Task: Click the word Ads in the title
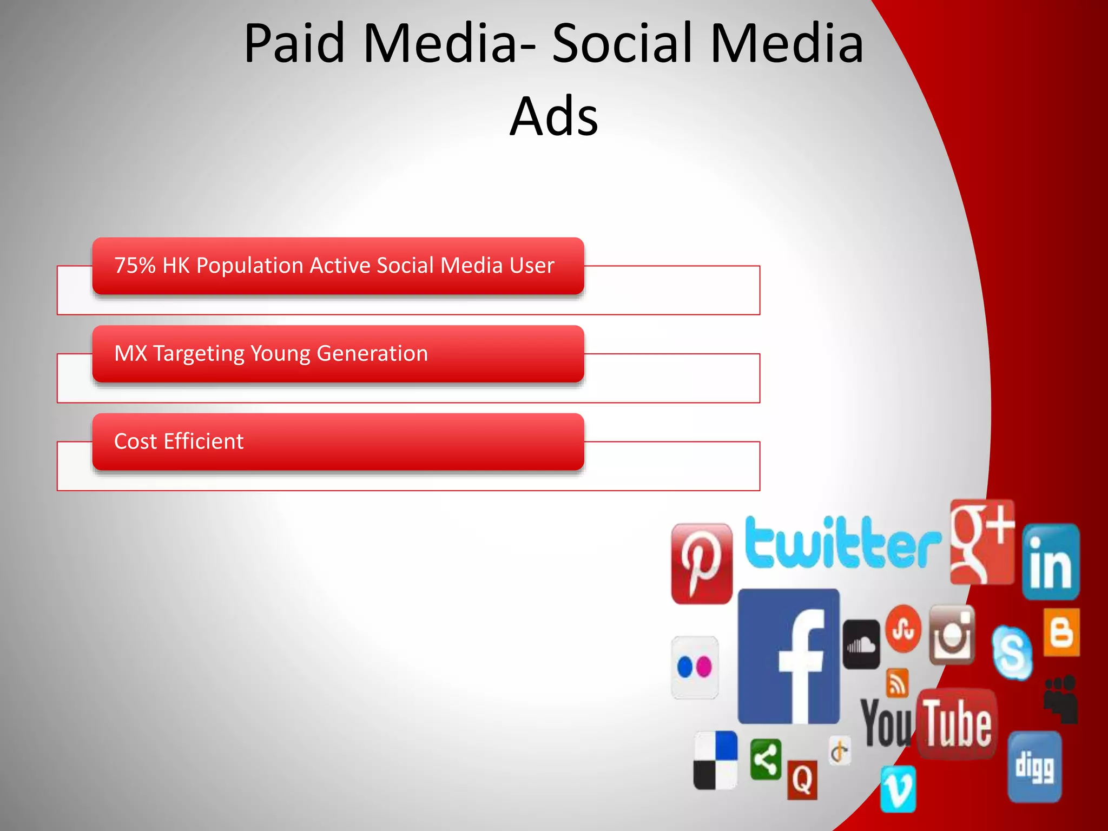pyautogui.click(x=554, y=116)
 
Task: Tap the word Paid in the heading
pyautogui.click(x=294, y=43)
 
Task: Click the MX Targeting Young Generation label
pyautogui.click(x=271, y=353)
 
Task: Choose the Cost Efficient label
pyautogui.click(x=179, y=441)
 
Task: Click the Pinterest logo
pyautogui.click(x=701, y=563)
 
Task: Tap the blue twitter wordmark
pyautogui.click(x=842, y=543)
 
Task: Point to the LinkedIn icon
pyautogui.click(x=1051, y=562)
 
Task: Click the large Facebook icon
pyautogui.click(x=788, y=656)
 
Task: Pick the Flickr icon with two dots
pyautogui.click(x=695, y=667)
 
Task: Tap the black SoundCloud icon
pyautogui.click(x=861, y=644)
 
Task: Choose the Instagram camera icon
pyautogui.click(x=952, y=635)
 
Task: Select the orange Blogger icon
pyautogui.click(x=1061, y=632)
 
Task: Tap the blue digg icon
pyautogui.click(x=1034, y=767)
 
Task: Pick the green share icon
pyautogui.click(x=766, y=760)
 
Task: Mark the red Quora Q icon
pyautogui.click(x=802, y=780)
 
